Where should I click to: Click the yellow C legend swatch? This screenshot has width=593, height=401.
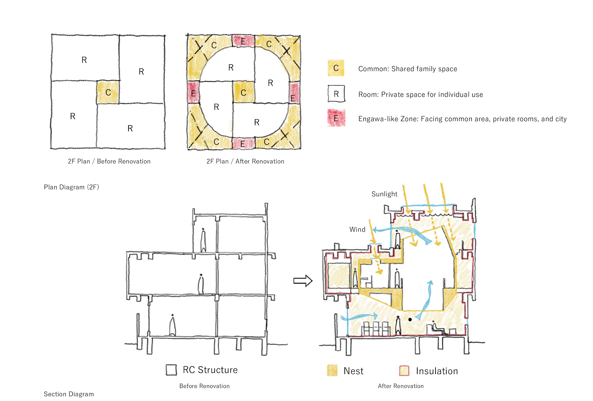(336, 68)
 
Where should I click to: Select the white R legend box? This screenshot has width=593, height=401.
(336, 94)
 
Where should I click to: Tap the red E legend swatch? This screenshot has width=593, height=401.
(336, 118)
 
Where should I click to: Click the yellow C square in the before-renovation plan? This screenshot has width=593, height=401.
(108, 92)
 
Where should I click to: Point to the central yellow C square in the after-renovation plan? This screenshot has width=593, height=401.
(244, 92)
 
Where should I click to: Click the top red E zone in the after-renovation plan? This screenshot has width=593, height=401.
(243, 41)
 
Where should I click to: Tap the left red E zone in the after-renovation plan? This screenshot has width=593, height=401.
(193, 92)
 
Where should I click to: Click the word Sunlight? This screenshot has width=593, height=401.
(384, 194)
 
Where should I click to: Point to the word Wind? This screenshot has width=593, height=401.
(357, 230)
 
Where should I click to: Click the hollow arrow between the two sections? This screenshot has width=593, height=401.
(303, 281)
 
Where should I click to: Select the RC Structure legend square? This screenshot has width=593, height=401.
(171, 370)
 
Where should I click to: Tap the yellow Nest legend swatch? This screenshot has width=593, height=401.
(332, 370)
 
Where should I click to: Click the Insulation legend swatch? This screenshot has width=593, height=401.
(404, 370)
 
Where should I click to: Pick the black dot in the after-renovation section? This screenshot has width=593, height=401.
(410, 320)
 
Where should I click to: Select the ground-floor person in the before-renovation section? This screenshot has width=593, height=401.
(172, 325)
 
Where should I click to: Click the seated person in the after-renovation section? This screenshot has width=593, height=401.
(436, 328)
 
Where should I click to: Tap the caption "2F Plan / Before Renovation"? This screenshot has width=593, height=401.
(109, 161)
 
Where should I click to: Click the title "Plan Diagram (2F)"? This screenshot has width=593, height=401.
(71, 187)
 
